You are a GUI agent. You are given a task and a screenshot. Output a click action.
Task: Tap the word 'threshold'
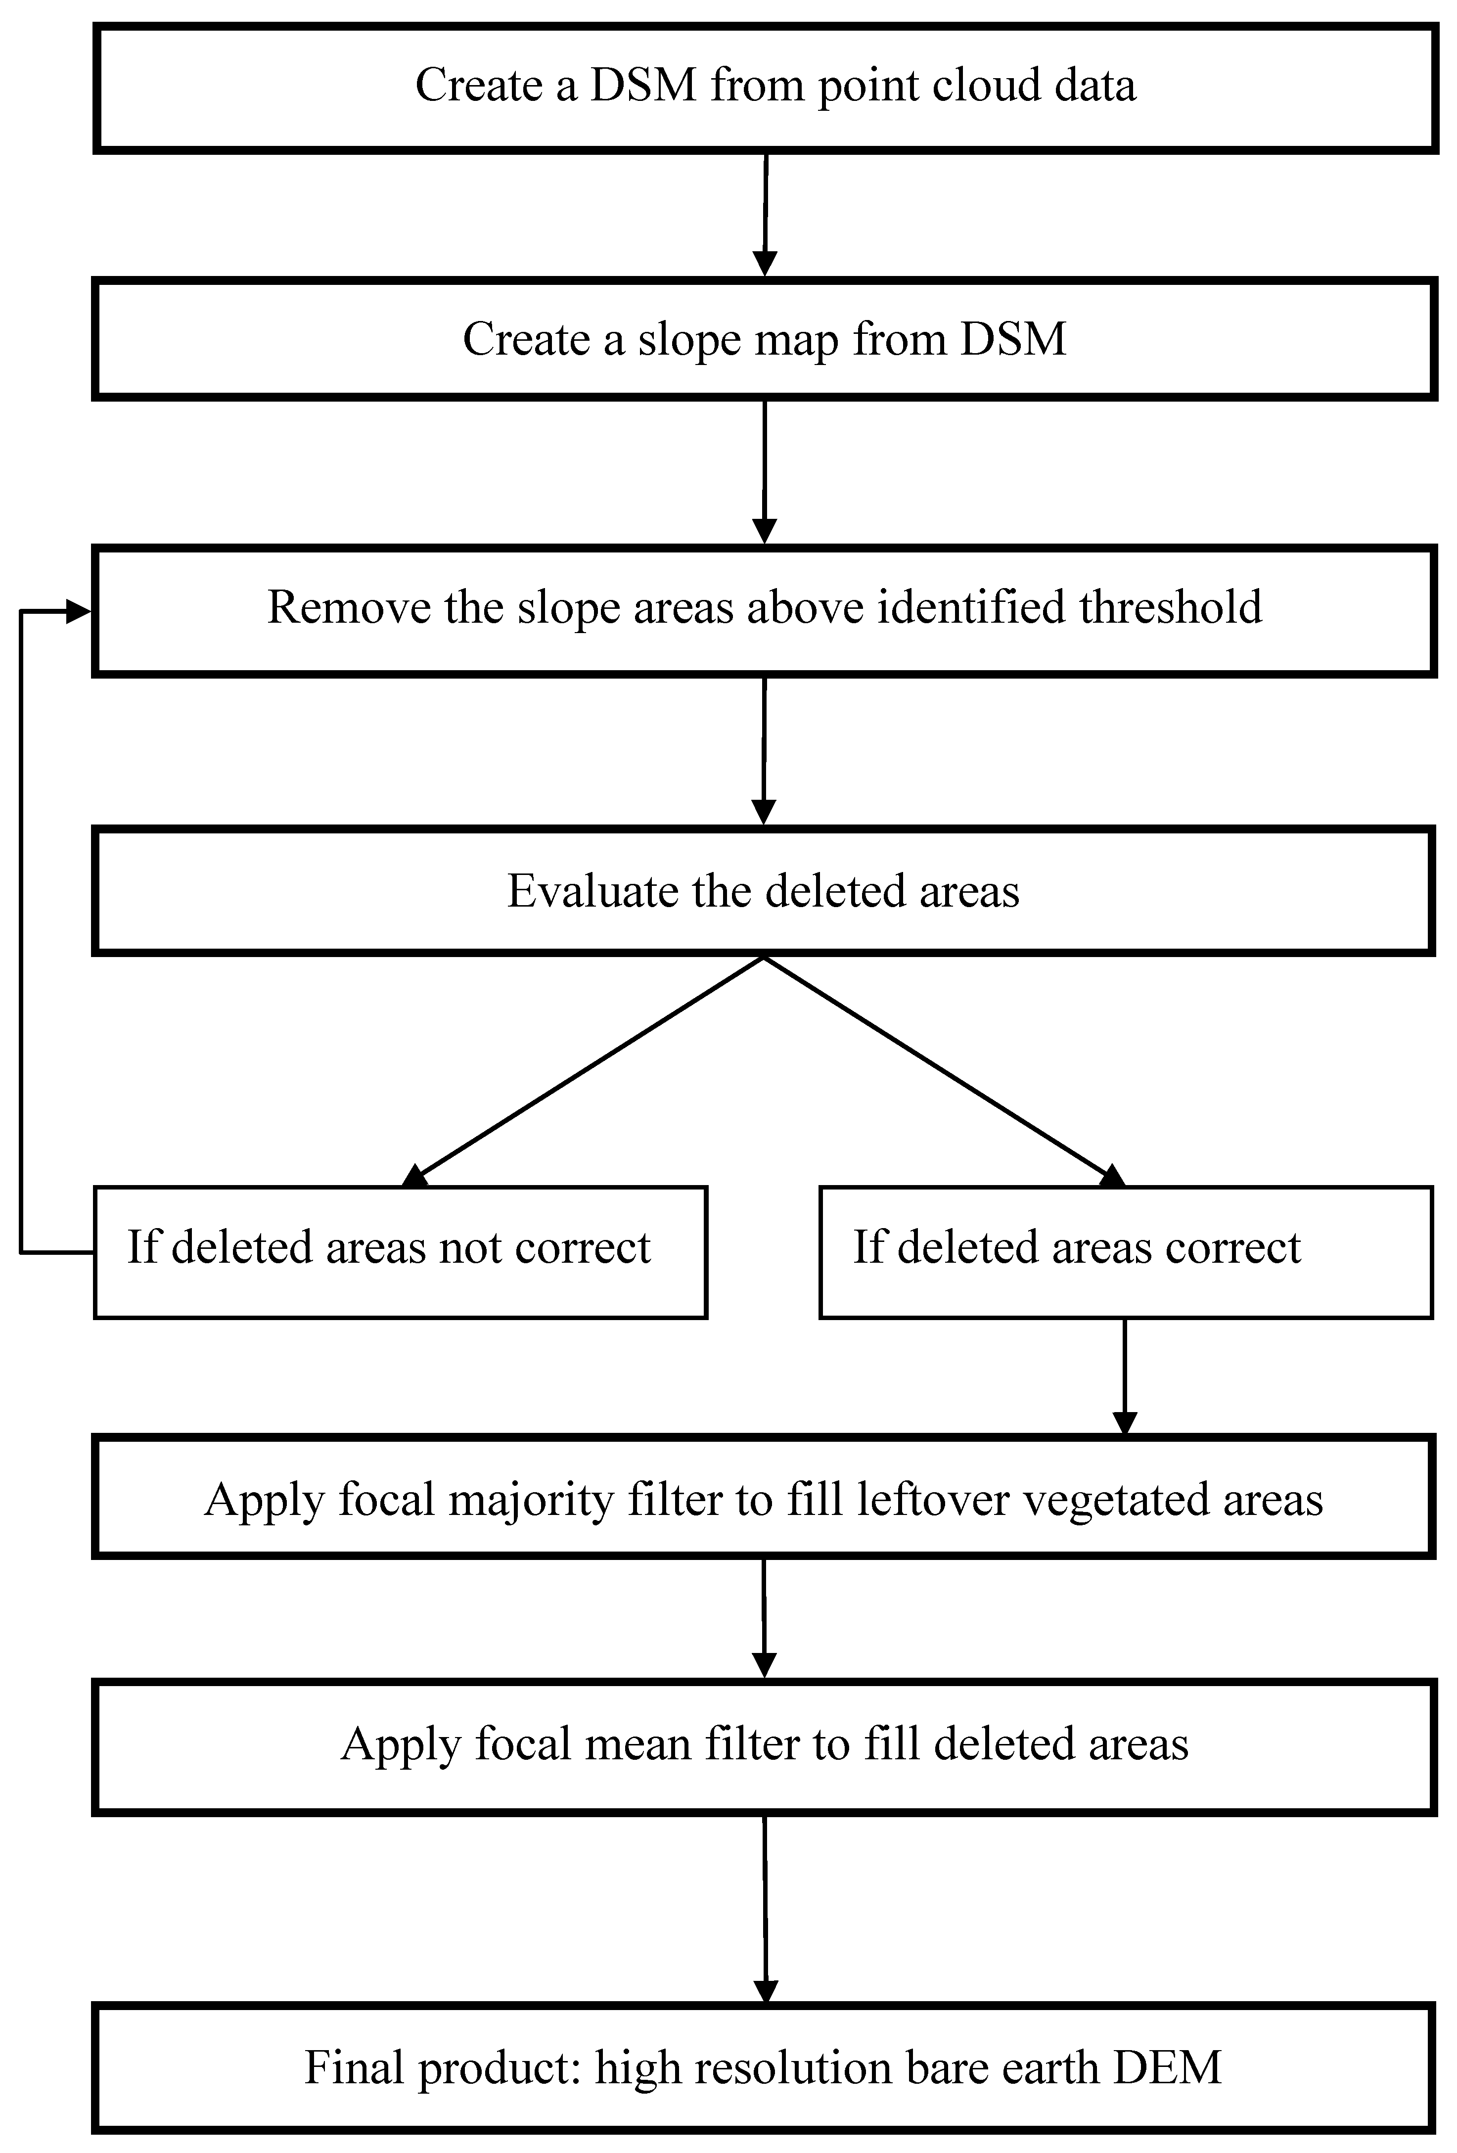tap(1170, 608)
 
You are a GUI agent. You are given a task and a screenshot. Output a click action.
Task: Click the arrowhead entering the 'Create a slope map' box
tap(765, 264)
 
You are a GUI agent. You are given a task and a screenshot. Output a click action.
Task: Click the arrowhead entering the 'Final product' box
tap(766, 1991)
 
